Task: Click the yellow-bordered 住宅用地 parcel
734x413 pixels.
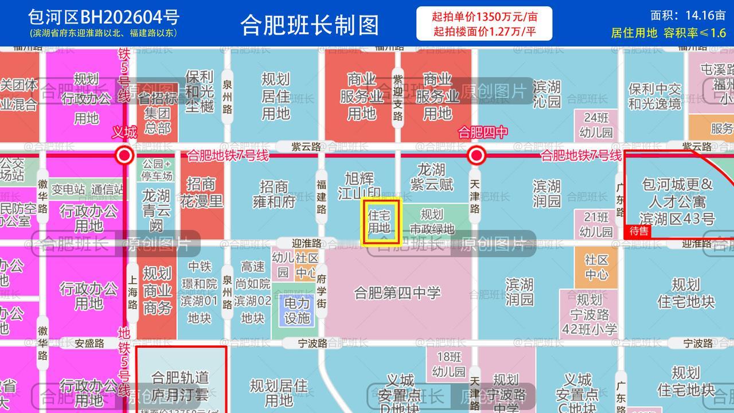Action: (x=380, y=221)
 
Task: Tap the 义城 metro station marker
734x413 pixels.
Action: (x=124, y=155)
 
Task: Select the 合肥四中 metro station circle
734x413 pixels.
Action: (x=476, y=155)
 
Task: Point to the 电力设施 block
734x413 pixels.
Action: (x=296, y=311)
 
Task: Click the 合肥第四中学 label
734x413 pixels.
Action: (x=397, y=293)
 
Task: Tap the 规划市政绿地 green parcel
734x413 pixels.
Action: (x=432, y=221)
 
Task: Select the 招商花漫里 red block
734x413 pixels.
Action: (x=202, y=193)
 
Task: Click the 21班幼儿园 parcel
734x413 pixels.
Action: (x=596, y=224)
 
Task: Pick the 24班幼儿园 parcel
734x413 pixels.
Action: (x=596, y=125)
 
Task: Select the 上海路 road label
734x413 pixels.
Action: (x=132, y=292)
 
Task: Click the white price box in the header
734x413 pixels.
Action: (x=484, y=24)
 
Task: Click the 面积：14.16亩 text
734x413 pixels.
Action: (x=688, y=15)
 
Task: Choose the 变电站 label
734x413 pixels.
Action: (x=68, y=189)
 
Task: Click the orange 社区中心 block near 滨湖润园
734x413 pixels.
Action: (x=596, y=267)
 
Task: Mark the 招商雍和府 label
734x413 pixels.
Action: (x=274, y=194)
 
